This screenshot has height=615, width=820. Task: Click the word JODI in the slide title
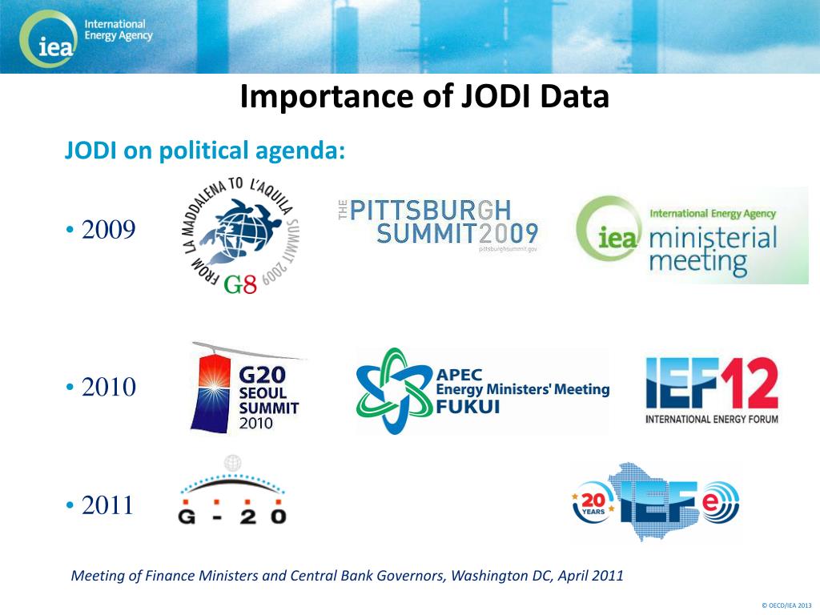(x=498, y=97)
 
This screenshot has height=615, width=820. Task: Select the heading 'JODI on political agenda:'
(x=204, y=150)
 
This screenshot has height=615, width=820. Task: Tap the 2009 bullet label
(x=108, y=231)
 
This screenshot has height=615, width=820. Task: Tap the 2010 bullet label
(x=108, y=388)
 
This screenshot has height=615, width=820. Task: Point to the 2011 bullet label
(x=108, y=506)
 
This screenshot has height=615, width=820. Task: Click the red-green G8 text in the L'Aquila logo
(x=240, y=284)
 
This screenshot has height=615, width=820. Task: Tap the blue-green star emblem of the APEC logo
(x=393, y=391)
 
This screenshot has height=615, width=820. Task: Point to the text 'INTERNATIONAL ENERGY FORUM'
(x=712, y=419)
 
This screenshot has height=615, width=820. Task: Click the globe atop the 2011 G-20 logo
(x=233, y=461)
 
